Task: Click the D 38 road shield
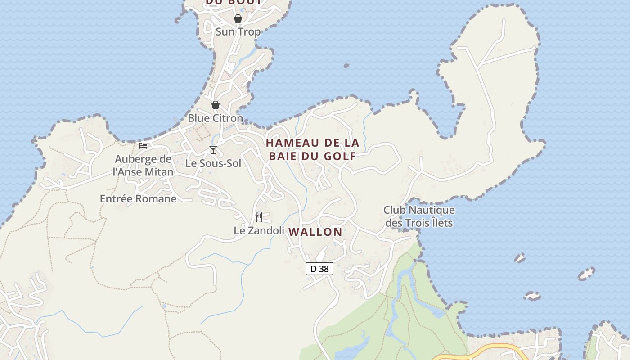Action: click(319, 269)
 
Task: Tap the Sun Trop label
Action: click(238, 32)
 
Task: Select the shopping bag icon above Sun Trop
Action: click(238, 18)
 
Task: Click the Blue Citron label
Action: click(215, 118)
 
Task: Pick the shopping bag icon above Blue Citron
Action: click(216, 105)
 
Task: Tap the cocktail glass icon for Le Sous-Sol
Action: click(213, 150)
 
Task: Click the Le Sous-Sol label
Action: click(213, 163)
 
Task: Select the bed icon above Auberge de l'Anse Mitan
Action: click(143, 145)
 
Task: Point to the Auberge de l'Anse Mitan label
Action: click(143, 166)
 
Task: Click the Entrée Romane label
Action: click(138, 199)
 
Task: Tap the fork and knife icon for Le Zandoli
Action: click(259, 217)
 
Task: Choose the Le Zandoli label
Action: click(259, 231)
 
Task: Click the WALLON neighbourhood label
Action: click(315, 232)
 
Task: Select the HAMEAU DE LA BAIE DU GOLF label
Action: click(313, 150)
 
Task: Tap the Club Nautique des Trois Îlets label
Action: click(419, 216)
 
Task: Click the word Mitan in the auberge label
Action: click(156, 172)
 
